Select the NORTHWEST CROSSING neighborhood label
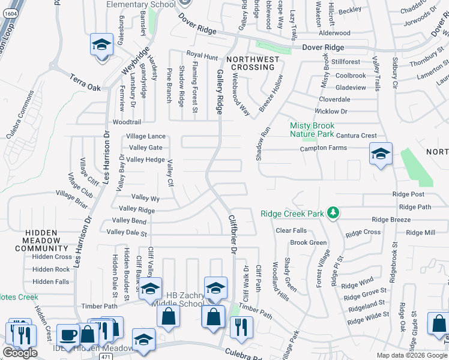(253, 63)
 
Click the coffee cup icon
(68, 334)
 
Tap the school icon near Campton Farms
(381, 155)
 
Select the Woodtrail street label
(126, 121)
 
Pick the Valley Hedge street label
(146, 159)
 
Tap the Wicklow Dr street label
(331, 111)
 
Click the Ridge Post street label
(408, 194)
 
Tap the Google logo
(20, 353)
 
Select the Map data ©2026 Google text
(411, 355)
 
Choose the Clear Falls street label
(291, 230)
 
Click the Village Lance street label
(146, 136)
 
